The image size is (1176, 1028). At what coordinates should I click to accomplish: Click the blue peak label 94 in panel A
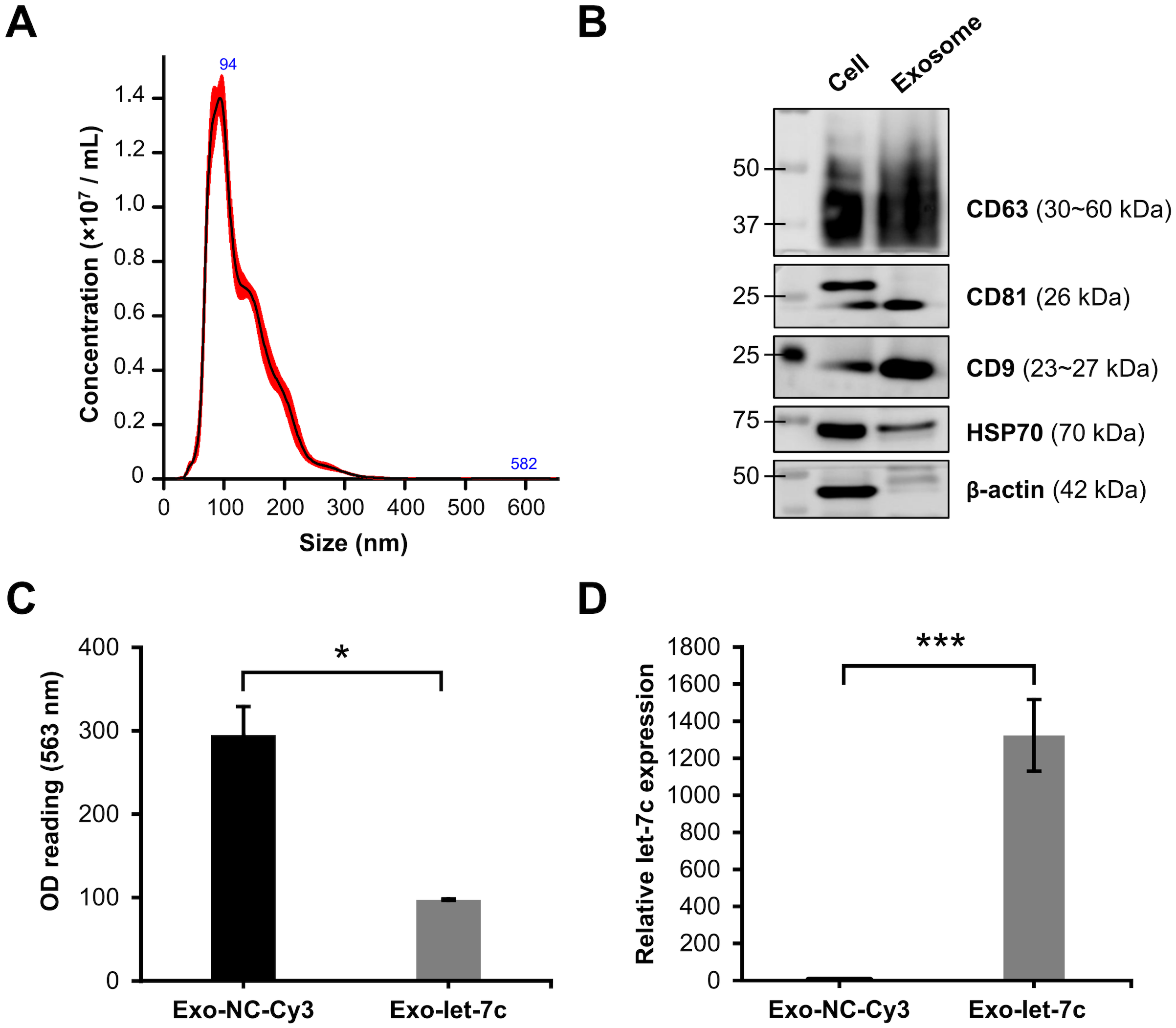tap(228, 64)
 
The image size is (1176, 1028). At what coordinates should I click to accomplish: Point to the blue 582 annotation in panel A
tap(523, 464)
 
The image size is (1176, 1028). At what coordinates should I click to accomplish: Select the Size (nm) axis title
tap(354, 543)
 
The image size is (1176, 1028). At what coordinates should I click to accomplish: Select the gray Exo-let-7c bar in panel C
tap(448, 939)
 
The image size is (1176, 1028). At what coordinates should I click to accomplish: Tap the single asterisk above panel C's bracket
tap(342, 653)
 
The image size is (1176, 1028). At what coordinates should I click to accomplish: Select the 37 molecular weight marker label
tap(746, 225)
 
